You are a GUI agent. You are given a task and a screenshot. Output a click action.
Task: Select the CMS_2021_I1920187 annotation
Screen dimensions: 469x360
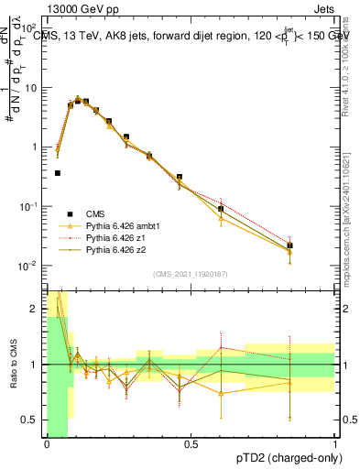pos(191,274)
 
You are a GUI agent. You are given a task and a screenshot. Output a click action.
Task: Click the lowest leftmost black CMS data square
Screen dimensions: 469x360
pos(57,172)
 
